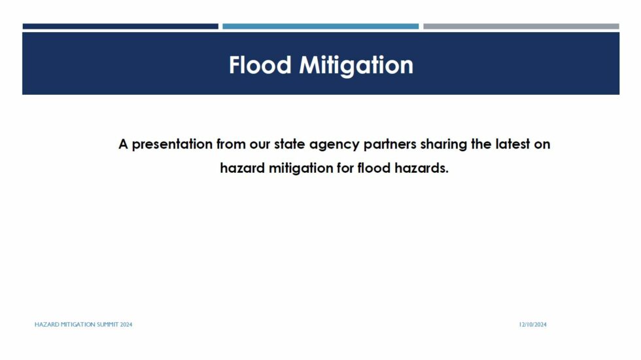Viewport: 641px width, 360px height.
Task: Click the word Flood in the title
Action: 260,65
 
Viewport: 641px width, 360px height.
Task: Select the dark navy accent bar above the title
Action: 120,26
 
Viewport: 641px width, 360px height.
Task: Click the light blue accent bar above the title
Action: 320,26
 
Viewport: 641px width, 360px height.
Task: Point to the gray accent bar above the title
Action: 521,26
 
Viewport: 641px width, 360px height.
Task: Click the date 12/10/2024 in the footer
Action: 532,325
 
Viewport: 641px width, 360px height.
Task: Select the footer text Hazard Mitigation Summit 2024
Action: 84,325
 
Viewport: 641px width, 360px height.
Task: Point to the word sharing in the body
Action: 443,145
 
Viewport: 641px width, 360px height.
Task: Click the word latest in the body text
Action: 513,144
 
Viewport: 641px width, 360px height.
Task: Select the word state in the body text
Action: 290,145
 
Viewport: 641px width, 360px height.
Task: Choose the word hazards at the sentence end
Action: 421,168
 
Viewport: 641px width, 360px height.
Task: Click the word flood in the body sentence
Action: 374,168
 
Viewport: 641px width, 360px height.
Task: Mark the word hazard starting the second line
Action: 243,168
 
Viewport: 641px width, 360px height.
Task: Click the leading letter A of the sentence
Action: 123,145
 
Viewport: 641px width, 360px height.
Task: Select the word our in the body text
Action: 260,145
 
